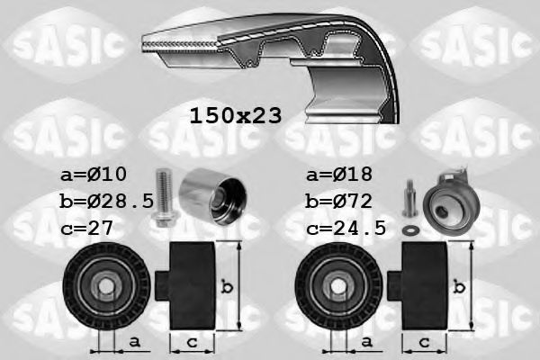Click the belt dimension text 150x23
(x=235, y=115)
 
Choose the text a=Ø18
(x=337, y=173)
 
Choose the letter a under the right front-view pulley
(x=364, y=341)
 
